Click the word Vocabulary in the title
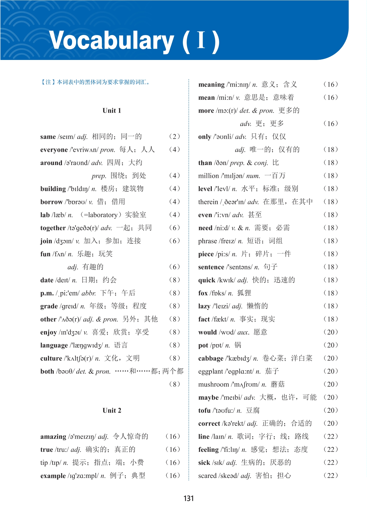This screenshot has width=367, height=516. point(111,41)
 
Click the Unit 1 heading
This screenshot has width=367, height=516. point(112,111)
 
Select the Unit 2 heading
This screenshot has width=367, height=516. point(112,411)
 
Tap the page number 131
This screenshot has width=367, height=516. point(189,498)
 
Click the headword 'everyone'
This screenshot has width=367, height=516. point(54,150)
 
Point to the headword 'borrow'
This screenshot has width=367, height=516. point(51,202)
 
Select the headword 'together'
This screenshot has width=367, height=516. point(53,228)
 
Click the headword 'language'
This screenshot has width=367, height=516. point(54,345)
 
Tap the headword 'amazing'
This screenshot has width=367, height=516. point(53,437)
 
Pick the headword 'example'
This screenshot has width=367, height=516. point(53,476)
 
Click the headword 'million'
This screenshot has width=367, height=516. point(208,176)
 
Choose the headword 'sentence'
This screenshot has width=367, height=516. point(211,267)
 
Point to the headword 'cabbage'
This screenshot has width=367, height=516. point(211,359)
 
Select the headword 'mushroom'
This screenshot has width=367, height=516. point(214,385)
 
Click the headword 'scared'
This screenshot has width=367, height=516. point(207,476)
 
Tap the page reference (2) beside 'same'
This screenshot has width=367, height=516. point(174,137)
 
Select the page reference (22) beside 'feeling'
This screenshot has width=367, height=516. point(331,450)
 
